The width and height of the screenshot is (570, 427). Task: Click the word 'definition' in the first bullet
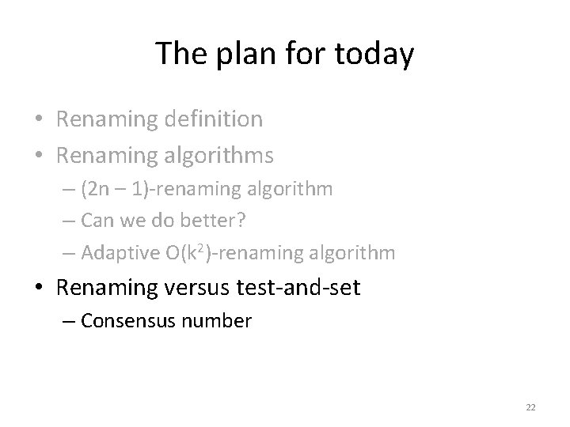pyautogui.click(x=214, y=119)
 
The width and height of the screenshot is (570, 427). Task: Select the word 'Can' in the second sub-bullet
pyautogui.click(x=97, y=221)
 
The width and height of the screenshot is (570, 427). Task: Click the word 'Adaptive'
pyautogui.click(x=117, y=253)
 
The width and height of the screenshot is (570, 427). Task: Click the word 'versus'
pyautogui.click(x=195, y=288)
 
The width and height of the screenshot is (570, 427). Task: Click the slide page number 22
pyautogui.click(x=530, y=407)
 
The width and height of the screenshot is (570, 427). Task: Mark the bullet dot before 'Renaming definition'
pyautogui.click(x=39, y=120)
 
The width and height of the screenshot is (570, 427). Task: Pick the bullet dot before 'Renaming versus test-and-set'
pyautogui.click(x=39, y=289)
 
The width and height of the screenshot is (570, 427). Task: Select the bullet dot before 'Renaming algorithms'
pyautogui.click(x=39, y=157)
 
